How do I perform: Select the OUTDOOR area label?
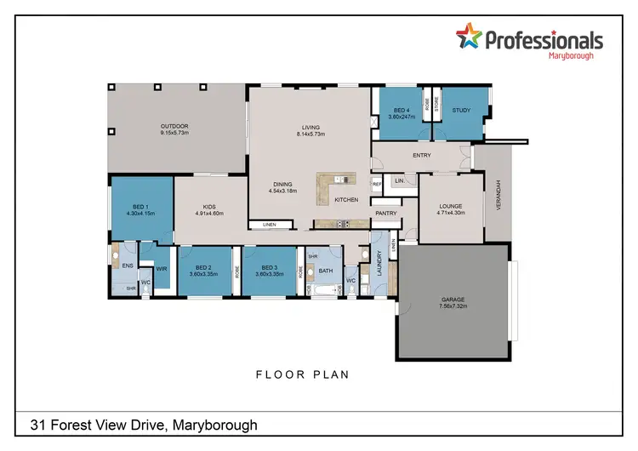pos(174,127)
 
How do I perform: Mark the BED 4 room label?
pos(399,110)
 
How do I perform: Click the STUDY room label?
pos(462,110)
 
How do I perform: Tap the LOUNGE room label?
pos(450,205)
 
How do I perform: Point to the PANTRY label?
pos(386,213)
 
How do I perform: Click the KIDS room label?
pos(210,205)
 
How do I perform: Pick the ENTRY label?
pos(421,155)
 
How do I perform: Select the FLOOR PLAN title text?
pos(303,374)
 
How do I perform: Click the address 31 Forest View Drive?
pos(143,424)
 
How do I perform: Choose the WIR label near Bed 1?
pos(160,267)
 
